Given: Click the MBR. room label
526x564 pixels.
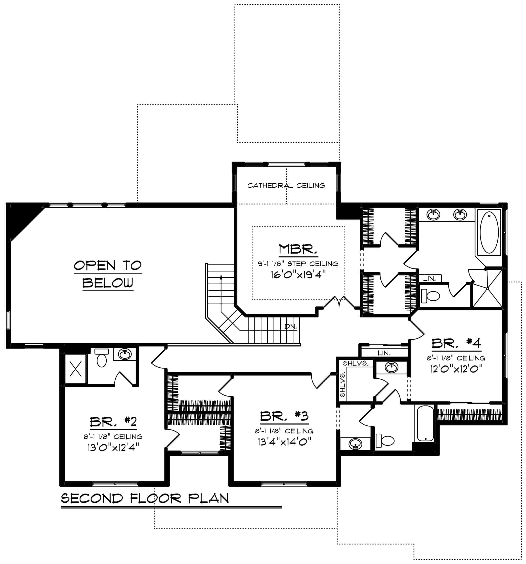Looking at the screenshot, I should pos(298,249).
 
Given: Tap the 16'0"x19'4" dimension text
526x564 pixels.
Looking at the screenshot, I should pos(298,274).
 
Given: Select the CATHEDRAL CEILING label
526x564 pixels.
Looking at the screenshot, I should pos(286,186).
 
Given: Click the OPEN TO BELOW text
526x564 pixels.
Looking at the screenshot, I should pos(108,274).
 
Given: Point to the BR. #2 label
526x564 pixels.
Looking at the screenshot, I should pos(113,422).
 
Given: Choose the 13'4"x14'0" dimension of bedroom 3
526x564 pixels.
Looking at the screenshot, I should pos(284,442).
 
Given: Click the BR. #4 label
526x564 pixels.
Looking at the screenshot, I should pos(456,343).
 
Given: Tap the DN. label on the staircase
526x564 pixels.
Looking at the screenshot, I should pos(290,326).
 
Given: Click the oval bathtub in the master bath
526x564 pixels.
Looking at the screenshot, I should pos(489,232).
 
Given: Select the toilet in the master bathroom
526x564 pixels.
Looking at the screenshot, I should pos(430,296).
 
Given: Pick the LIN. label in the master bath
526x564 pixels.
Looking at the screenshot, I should pos(429,279).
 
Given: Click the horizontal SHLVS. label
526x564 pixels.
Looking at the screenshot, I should pos(356,363).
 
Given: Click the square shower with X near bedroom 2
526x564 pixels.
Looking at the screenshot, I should pos(75,369).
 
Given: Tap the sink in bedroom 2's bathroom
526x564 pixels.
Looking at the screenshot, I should pos(125,354).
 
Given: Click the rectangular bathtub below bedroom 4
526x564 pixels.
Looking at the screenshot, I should pos(425,423).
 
